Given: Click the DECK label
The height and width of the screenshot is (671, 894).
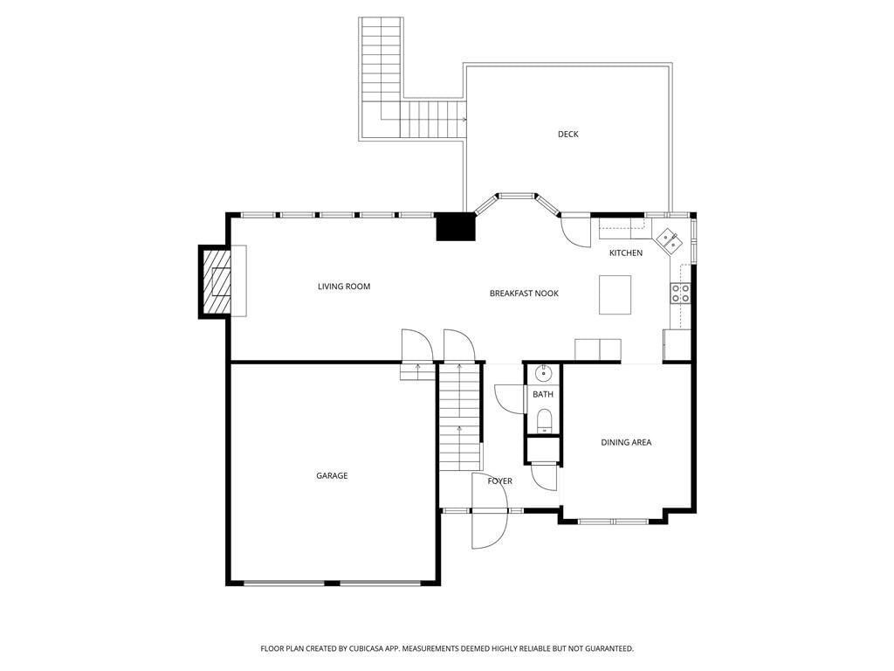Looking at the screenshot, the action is click(567, 134).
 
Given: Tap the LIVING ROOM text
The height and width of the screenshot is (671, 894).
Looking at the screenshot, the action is click(344, 287).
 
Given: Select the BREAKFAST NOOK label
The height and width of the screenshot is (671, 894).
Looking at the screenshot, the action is click(524, 294).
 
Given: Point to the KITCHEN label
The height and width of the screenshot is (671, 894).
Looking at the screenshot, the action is click(625, 252).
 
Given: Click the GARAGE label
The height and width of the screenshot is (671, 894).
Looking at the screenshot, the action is click(332, 475).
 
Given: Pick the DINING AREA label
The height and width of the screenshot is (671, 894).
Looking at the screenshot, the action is click(626, 442).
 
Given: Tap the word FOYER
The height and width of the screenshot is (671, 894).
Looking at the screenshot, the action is click(500, 481).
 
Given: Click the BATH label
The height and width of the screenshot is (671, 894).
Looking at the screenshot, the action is click(543, 394).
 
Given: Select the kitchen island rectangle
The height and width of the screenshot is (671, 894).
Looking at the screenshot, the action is click(615, 294).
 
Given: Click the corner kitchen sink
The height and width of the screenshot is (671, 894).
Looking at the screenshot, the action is click(668, 240).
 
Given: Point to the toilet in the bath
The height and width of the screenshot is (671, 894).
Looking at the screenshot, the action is click(545, 420).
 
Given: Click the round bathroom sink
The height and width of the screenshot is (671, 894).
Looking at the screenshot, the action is click(544, 374).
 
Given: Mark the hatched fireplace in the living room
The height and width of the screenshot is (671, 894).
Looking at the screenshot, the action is click(216, 281).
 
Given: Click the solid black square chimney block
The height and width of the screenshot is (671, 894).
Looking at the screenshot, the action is click(456, 226).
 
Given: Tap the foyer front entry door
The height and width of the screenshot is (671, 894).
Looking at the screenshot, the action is click(490, 510).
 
